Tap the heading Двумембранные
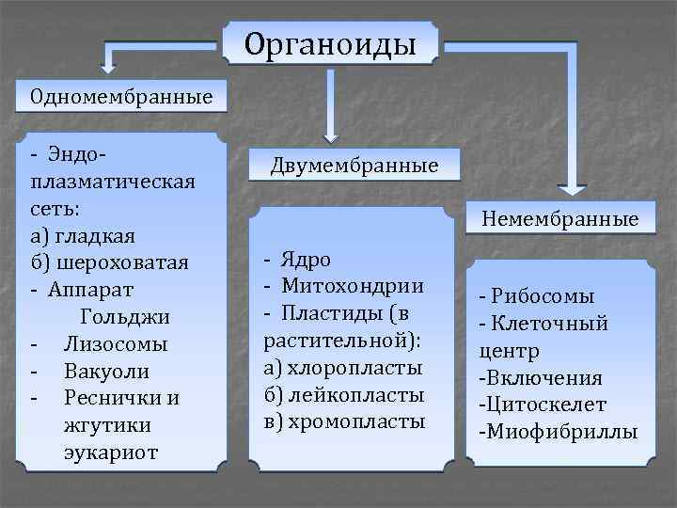point(354,167)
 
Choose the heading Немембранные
point(560,219)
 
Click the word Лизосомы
point(116,342)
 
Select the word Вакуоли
point(106,370)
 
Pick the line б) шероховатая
point(109,261)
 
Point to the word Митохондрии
point(353,285)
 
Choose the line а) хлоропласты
point(343,366)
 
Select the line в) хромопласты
point(345,421)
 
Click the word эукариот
point(111,452)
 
